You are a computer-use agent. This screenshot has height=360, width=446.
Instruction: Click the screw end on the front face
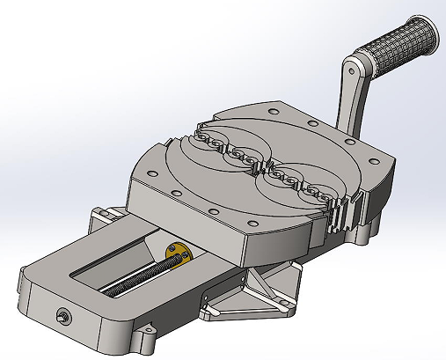pos(62,315)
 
